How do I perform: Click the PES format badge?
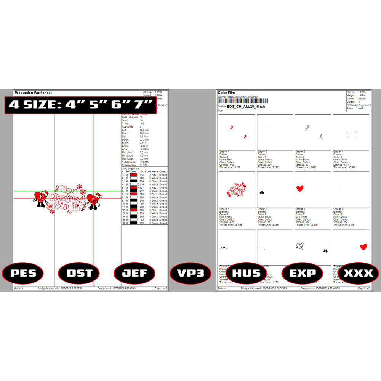pyautogui.click(x=22, y=273)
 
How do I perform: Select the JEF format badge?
pyautogui.click(x=134, y=273)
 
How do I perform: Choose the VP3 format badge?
pyautogui.click(x=190, y=273)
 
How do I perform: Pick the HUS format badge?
pyautogui.click(x=247, y=273)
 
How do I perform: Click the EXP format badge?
pyautogui.click(x=302, y=273)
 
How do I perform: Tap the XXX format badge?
pyautogui.click(x=358, y=273)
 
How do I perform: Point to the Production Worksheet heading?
pyautogui.click(x=33, y=93)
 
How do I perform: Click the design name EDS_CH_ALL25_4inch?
pyautogui.click(x=246, y=107)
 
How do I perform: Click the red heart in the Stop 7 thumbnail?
pyautogui.click(x=300, y=188)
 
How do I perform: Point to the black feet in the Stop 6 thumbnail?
pyautogui.click(x=262, y=193)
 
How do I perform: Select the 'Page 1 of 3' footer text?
pyautogui.click(x=160, y=288)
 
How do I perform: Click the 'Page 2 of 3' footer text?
pyautogui.click(x=364, y=288)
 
